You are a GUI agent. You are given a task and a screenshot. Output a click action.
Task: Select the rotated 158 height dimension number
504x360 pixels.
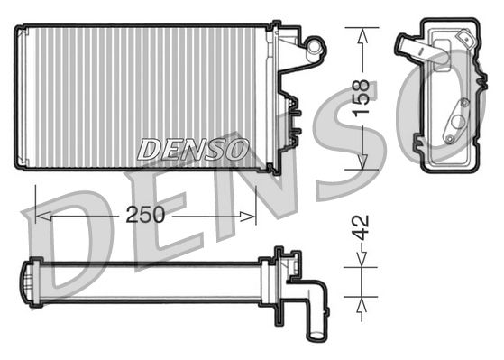point(362,97)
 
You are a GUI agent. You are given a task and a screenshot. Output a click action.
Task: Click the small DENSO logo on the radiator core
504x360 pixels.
point(193,150)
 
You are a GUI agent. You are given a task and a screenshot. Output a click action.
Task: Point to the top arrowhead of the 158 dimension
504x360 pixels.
point(362,35)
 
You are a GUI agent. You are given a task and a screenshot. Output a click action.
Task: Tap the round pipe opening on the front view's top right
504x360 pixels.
point(316,42)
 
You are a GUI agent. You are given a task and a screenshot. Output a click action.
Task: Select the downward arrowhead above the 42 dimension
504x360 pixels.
point(362,259)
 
